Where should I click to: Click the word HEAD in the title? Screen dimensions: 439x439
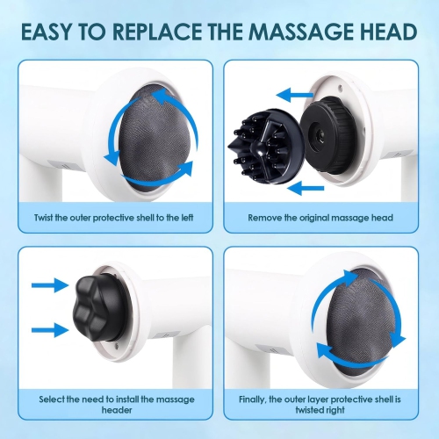coord(383,32)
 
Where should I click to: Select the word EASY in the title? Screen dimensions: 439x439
coord(51,32)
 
